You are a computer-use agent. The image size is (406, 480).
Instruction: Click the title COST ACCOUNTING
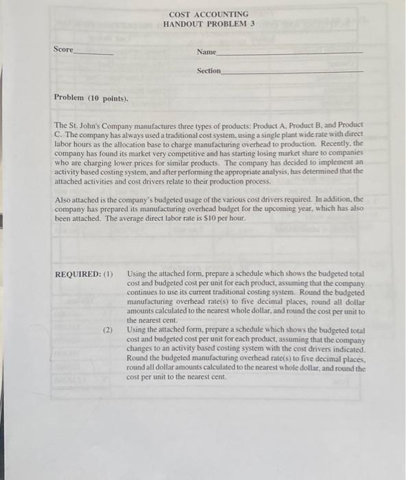click(208, 14)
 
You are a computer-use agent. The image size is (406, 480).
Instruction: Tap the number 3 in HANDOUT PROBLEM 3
click(252, 23)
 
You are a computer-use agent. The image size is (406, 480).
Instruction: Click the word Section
click(208, 71)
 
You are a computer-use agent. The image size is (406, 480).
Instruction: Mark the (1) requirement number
click(108, 275)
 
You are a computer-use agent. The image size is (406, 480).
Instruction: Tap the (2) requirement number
click(108, 330)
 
